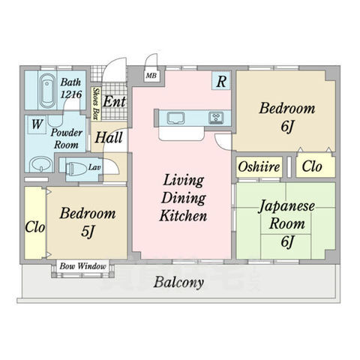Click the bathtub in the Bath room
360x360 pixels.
47,91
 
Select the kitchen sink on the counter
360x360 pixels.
176,118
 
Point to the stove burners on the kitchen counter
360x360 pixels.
216,118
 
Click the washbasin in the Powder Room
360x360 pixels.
41,164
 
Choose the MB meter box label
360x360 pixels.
151,76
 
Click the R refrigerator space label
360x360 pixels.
221,81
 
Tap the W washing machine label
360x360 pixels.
37,124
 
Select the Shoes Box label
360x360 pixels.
95,103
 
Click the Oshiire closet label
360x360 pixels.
259,166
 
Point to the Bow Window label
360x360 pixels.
83,266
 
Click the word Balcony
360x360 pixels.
178,283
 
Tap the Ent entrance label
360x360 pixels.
114,101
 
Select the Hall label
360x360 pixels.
109,137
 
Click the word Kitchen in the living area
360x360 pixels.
183,216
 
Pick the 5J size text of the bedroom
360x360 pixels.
88,232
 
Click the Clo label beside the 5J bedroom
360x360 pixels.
35,227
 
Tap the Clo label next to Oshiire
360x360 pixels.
312,166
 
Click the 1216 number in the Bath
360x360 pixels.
71,94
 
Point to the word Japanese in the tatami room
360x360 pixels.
286,207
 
